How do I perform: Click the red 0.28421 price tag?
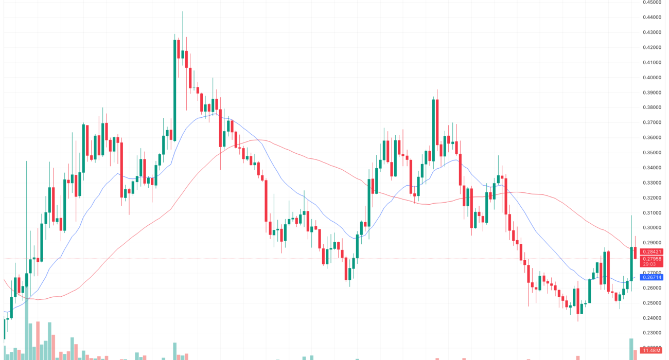(x=652, y=251)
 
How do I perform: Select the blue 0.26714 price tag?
(x=652, y=277)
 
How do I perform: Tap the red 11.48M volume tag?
(x=652, y=351)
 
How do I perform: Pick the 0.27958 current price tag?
(x=652, y=258)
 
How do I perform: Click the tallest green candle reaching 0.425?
(x=175, y=90)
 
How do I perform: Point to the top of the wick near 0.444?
(x=183, y=12)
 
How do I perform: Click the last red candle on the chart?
(x=636, y=253)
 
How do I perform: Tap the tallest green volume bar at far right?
(x=631, y=349)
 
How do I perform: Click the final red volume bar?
(x=636, y=354)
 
